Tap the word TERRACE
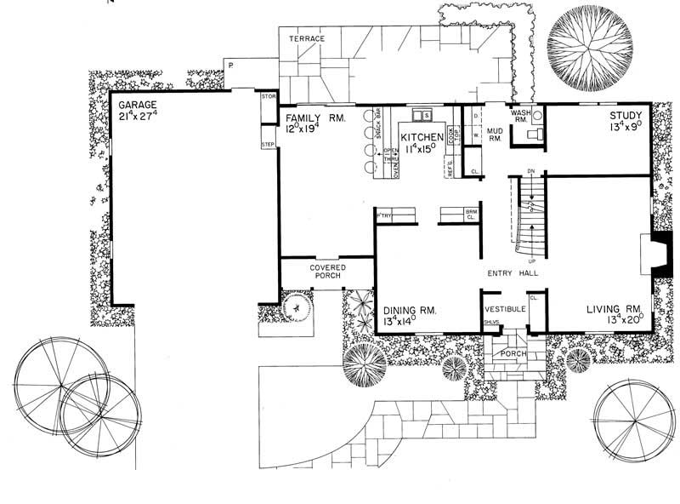click(305, 40)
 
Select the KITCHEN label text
click(422, 136)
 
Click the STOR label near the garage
click(269, 97)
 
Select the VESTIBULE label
click(505, 309)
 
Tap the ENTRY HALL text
click(513, 273)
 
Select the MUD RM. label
click(496, 135)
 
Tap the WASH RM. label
click(520, 116)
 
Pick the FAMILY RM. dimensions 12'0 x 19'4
click(306, 129)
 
